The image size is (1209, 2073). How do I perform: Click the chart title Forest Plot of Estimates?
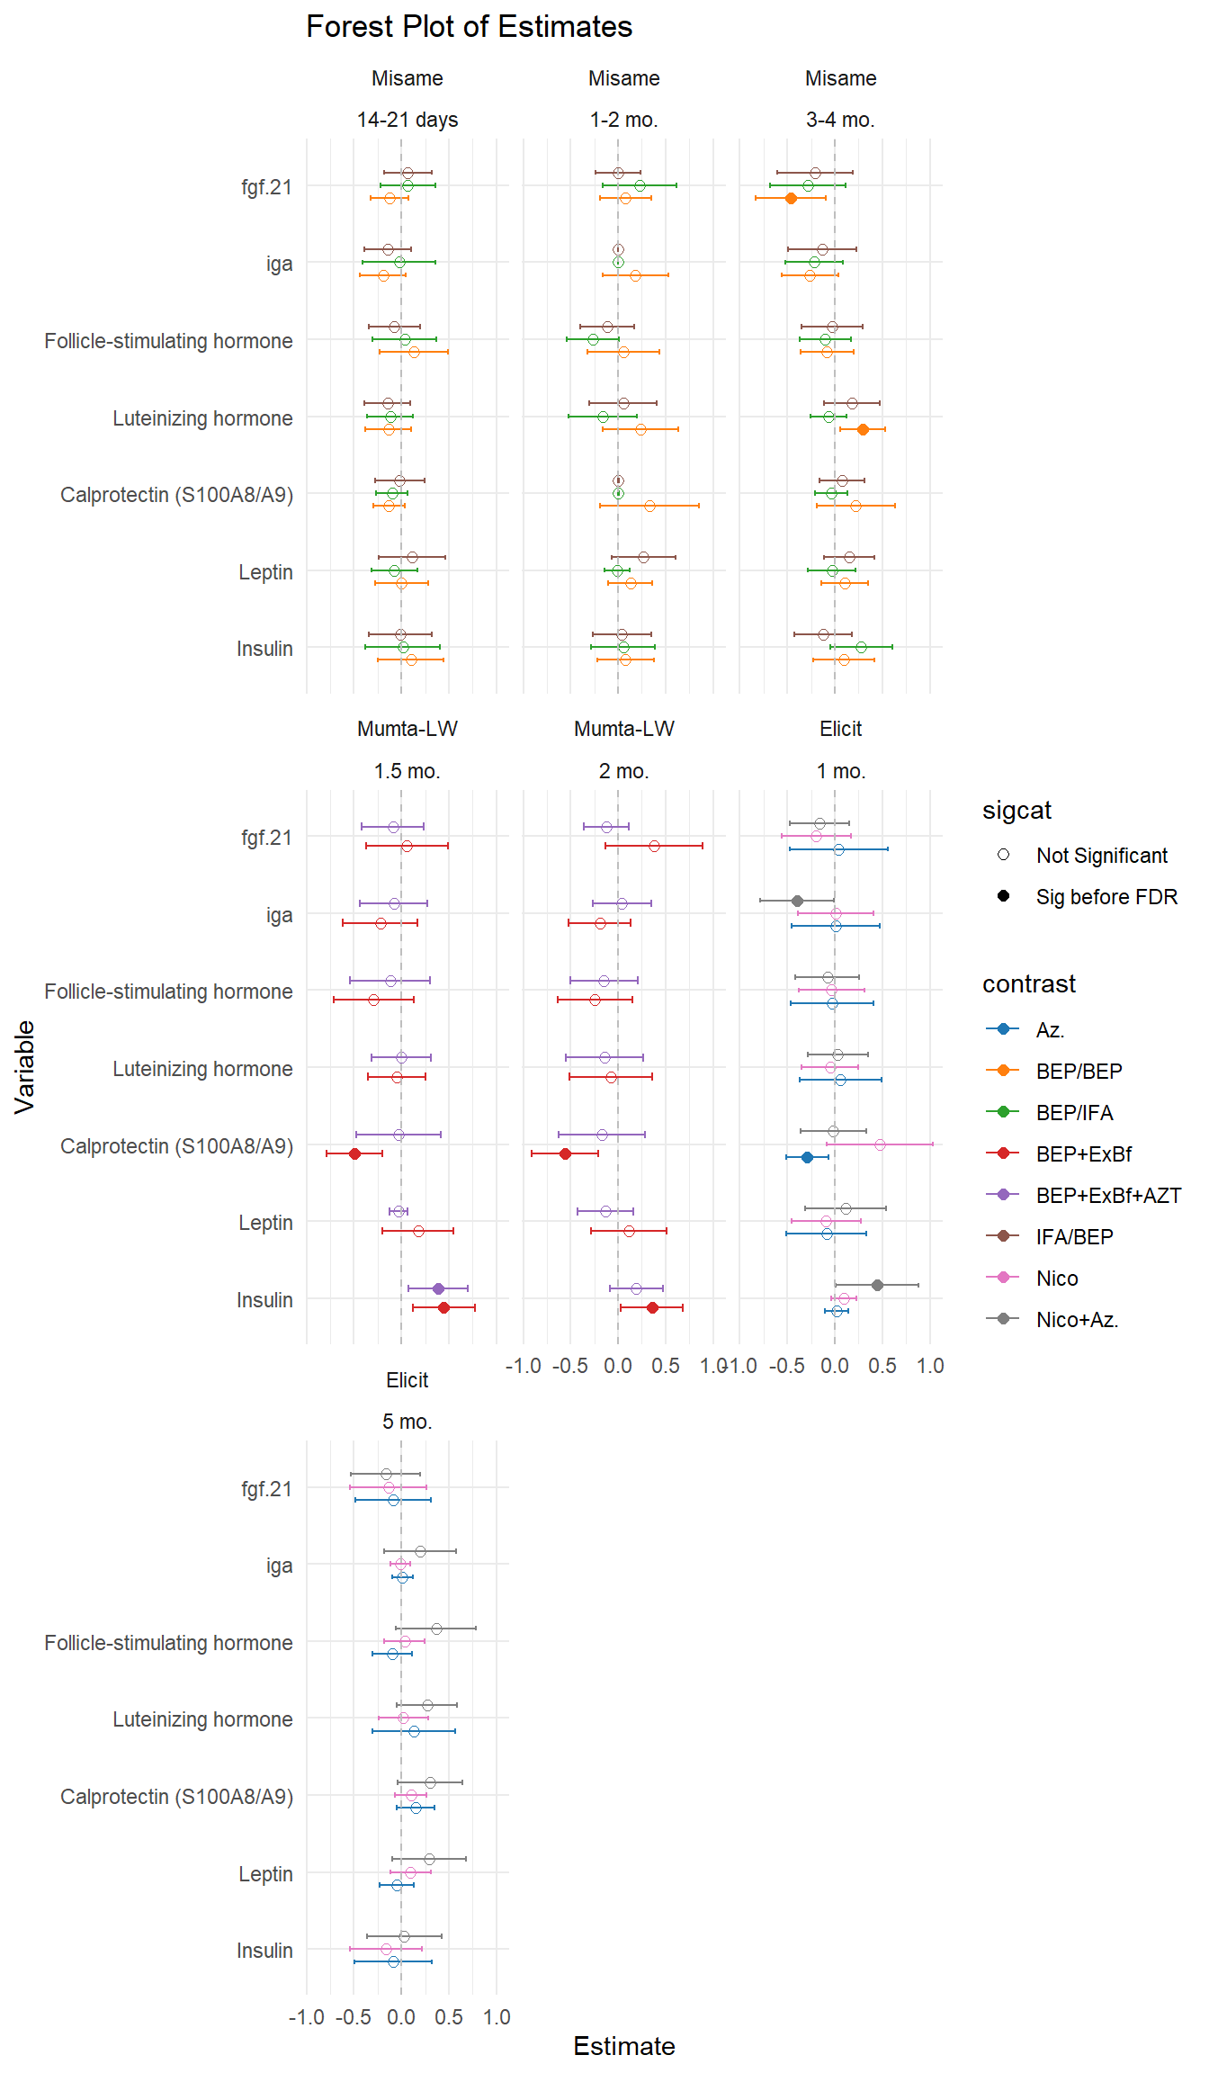tap(469, 27)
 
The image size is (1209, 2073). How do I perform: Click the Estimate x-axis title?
tap(623, 2046)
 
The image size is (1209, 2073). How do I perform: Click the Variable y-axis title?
tap(25, 1067)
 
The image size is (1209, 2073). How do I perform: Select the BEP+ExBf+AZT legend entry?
tap(1107, 1195)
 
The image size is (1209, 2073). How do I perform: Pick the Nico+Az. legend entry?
tap(1077, 1319)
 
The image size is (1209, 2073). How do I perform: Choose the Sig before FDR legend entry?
tap(1106, 896)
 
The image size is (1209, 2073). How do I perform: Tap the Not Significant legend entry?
tap(1101, 855)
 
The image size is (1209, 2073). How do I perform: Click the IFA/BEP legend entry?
tap(1074, 1236)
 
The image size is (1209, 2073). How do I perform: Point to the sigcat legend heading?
tap(1016, 810)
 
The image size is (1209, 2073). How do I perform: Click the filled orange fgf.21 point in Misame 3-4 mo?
tap(791, 198)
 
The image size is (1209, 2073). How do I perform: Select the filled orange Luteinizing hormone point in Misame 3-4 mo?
tap(863, 429)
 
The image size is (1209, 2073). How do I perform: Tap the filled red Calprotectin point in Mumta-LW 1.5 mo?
tap(354, 1153)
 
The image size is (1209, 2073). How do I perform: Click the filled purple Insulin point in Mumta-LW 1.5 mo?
tap(438, 1288)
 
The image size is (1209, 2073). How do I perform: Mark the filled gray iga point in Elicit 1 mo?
tap(797, 901)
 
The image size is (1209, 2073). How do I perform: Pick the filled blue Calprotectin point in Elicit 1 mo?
tap(807, 1157)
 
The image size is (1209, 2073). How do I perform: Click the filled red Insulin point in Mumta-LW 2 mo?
tap(652, 1307)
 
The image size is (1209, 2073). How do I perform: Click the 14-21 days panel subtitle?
tap(407, 120)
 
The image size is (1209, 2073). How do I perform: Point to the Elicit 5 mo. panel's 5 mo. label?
tap(407, 1422)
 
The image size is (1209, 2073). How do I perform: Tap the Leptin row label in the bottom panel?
tap(265, 1874)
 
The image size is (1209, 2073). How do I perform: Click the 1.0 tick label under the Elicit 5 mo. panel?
tap(497, 2017)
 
